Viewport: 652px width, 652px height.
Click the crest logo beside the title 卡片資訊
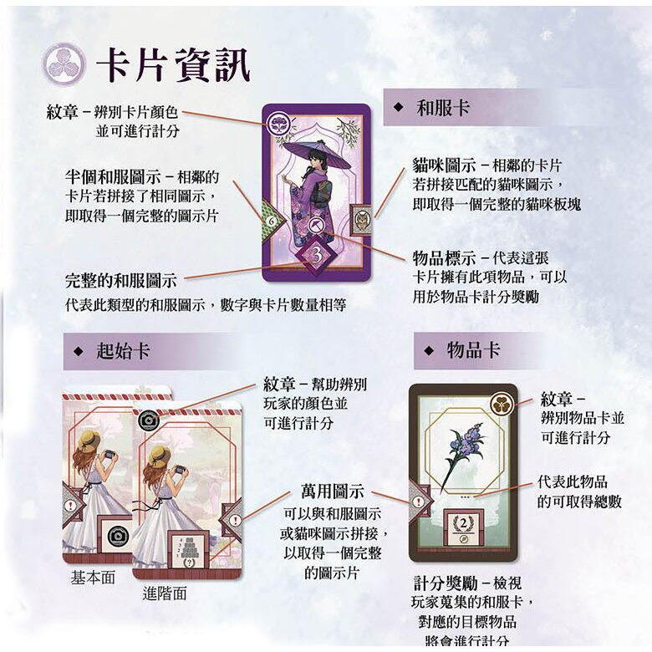pyautogui.click(x=64, y=63)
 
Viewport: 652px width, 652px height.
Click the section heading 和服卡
pyautogui.click(x=443, y=108)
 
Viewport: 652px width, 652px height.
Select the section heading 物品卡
pyautogui.click(x=473, y=350)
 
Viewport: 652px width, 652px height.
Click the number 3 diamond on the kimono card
pyautogui.click(x=315, y=252)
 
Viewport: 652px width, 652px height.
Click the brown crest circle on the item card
pyautogui.click(x=502, y=402)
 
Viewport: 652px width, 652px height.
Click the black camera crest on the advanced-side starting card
pyautogui.click(x=149, y=421)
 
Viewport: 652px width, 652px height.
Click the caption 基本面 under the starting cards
pyautogui.click(x=93, y=578)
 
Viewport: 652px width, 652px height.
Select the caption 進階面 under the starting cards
pyautogui.click(x=165, y=594)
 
